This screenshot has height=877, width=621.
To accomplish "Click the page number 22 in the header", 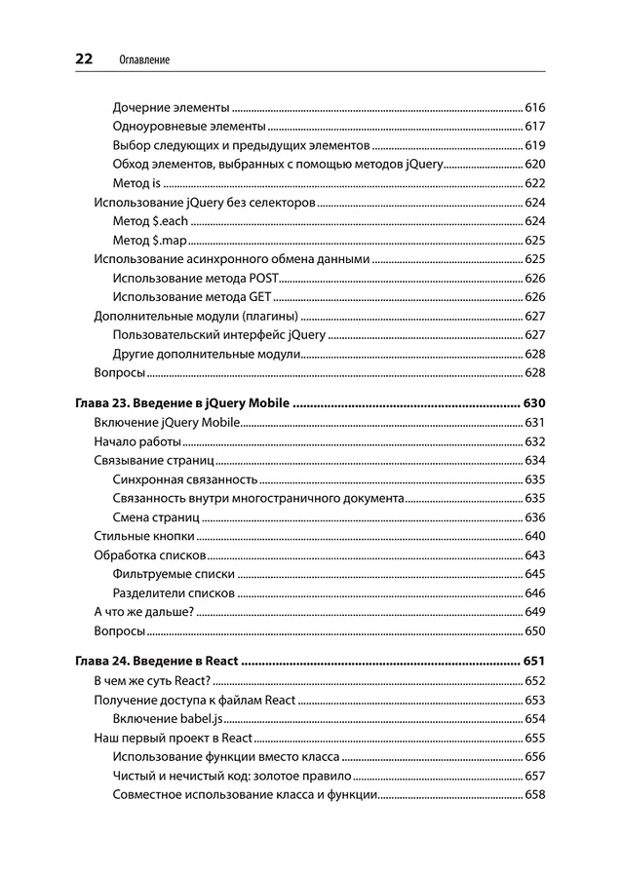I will pyautogui.click(x=84, y=59).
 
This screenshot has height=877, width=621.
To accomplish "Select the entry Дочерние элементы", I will pyautogui.click(x=171, y=107).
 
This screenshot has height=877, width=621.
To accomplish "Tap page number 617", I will pyautogui.click(x=534, y=127).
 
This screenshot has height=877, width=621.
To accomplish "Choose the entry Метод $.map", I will pyautogui.click(x=149, y=240).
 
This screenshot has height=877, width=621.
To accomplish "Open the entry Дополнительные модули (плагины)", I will pyautogui.click(x=196, y=316).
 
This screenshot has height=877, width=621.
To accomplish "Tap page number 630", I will pyautogui.click(x=534, y=403).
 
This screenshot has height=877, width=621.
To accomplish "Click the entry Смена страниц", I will pyautogui.click(x=156, y=517).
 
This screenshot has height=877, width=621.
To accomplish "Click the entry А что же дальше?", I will pyautogui.click(x=143, y=612).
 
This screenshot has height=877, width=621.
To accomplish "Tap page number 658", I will pyautogui.click(x=534, y=794).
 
